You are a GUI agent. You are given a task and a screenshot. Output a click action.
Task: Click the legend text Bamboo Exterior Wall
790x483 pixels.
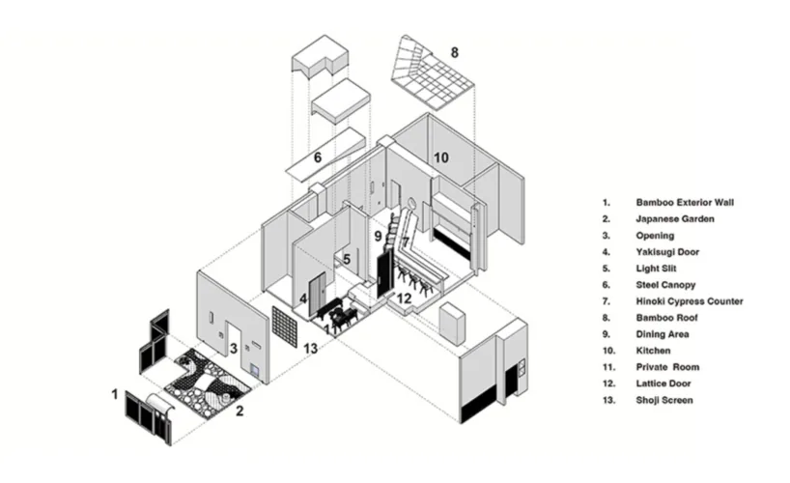tap(685, 203)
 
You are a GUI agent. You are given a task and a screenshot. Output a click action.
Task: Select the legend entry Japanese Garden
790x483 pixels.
tap(675, 219)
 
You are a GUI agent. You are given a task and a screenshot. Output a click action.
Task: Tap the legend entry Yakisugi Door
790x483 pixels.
tap(667, 252)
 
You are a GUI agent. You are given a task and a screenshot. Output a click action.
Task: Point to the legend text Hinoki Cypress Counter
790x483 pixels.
tap(690, 301)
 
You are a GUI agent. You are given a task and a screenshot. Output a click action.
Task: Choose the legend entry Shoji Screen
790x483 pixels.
tap(664, 400)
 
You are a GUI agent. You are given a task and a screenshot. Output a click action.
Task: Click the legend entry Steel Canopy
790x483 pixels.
tap(665, 285)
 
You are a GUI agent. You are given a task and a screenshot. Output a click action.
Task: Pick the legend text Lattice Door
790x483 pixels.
tap(663, 384)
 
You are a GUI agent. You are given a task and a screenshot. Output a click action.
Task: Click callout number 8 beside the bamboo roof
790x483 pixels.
tap(455, 52)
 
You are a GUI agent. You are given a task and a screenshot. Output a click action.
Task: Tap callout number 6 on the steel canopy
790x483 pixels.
tap(318, 157)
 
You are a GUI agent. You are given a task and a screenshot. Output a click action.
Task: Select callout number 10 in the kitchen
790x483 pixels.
tap(440, 157)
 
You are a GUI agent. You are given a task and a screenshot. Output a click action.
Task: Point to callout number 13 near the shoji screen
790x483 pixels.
tap(310, 349)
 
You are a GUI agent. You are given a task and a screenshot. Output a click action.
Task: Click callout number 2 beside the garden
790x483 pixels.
tap(240, 412)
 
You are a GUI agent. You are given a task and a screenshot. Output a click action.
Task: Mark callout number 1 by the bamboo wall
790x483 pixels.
tap(115, 394)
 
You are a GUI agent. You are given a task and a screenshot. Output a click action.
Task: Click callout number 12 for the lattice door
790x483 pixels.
tap(404, 298)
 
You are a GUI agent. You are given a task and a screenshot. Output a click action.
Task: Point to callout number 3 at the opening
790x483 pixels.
tap(234, 349)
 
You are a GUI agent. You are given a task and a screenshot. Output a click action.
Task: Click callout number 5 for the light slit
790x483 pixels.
tap(347, 260)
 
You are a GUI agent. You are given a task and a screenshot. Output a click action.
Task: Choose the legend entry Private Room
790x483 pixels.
tap(667, 367)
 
